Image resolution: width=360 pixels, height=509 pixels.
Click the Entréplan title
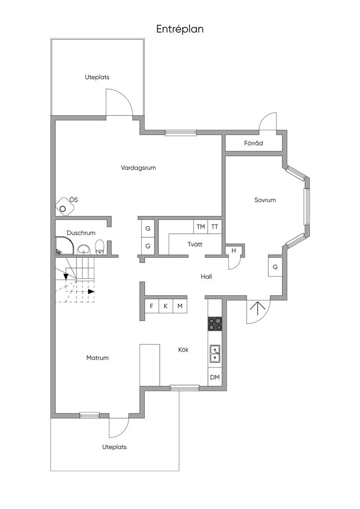[x=180, y=29]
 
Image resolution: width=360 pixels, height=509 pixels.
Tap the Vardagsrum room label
[x=138, y=168]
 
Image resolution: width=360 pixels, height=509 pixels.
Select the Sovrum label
[x=265, y=200]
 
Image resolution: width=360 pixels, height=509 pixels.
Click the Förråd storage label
[x=253, y=144]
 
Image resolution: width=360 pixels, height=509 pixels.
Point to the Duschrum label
[x=81, y=233]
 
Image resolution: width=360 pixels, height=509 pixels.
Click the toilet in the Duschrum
[x=99, y=247]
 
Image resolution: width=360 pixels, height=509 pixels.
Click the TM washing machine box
[x=200, y=227]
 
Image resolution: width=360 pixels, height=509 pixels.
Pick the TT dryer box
[x=215, y=227]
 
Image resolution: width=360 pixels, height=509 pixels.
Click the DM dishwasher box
[x=214, y=378]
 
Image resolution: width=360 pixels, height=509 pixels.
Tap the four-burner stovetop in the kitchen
[x=215, y=324]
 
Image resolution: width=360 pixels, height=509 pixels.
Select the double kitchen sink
[x=215, y=353]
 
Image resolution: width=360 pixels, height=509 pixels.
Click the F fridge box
[x=151, y=306]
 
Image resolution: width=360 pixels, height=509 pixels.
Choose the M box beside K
[x=180, y=306]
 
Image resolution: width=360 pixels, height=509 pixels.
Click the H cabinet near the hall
[x=233, y=251]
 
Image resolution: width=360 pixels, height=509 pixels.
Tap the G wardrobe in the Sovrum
[x=275, y=267]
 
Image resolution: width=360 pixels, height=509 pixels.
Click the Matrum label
[x=97, y=358]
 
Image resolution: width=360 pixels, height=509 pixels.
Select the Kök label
[x=183, y=350]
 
